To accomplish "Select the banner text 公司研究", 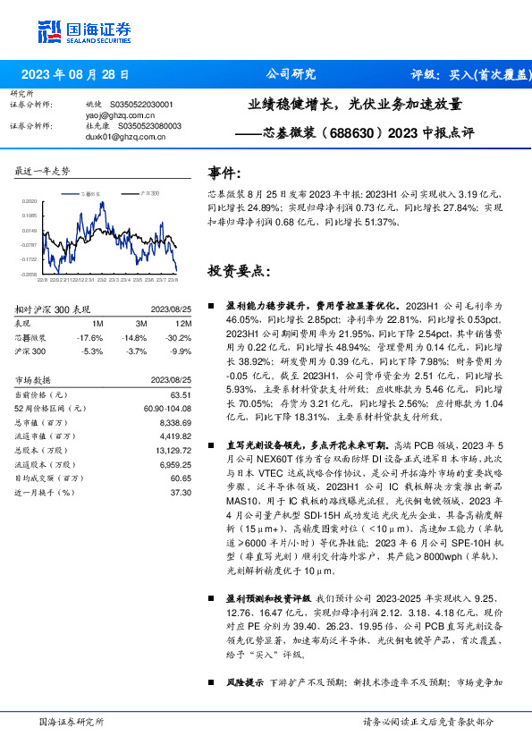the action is click(291, 74).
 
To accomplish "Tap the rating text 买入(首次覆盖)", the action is click(488, 74).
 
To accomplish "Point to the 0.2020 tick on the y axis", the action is click(30, 202).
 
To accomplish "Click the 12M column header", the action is click(183, 322).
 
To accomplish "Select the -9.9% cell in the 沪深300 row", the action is click(181, 351).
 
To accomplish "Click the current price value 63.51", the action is click(181, 394).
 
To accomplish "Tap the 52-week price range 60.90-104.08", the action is click(168, 408).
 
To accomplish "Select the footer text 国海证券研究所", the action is click(72, 721).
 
